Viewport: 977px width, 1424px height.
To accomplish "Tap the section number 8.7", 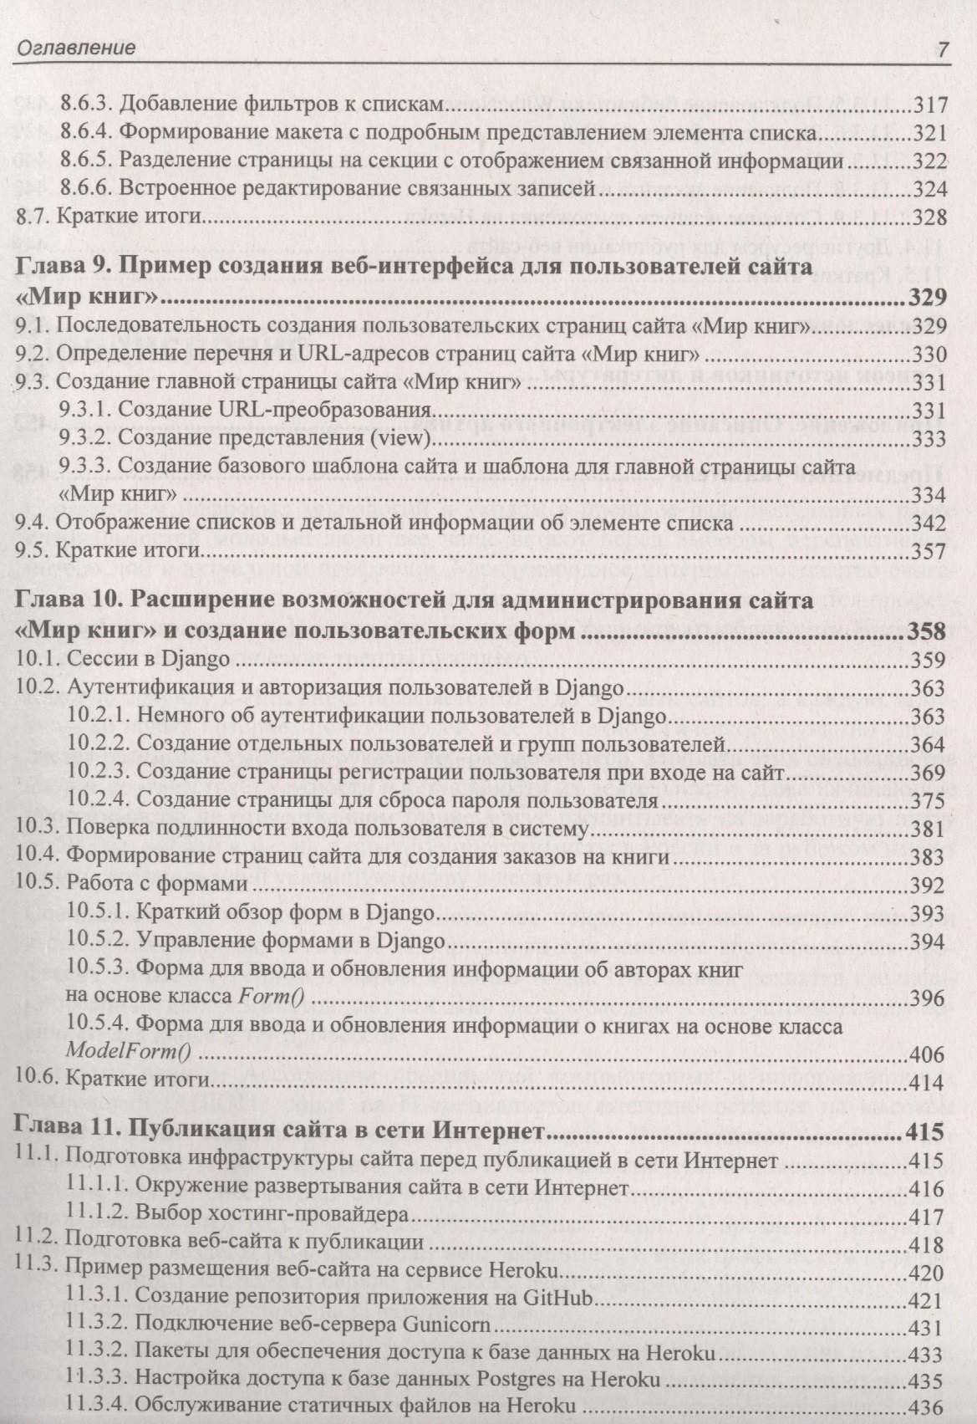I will point(33,217).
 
